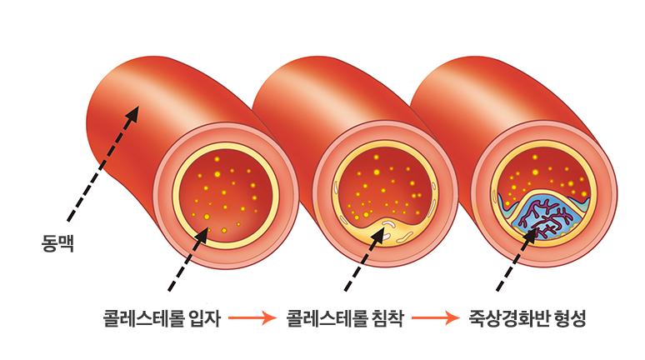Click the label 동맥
[57, 243]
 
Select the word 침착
[387, 318]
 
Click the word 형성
[570, 318]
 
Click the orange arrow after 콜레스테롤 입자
[252, 317]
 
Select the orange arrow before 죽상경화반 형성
[435, 317]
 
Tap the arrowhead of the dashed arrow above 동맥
[132, 113]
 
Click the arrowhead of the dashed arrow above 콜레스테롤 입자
[202, 235]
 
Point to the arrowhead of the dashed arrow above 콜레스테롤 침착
[378, 235]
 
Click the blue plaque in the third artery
[544, 217]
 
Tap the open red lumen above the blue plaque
[544, 172]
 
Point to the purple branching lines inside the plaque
[543, 219]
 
